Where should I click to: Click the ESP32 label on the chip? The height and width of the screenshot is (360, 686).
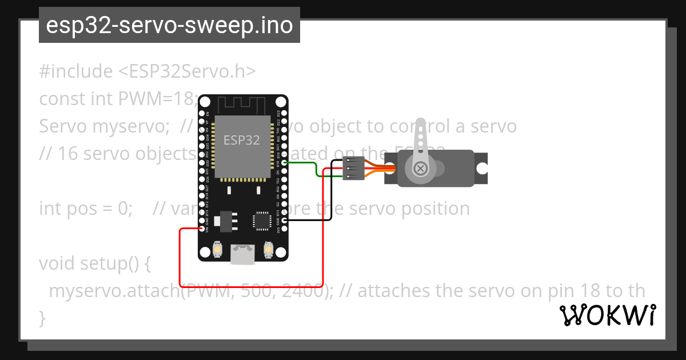[x=242, y=140]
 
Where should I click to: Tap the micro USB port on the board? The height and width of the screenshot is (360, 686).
[x=242, y=254]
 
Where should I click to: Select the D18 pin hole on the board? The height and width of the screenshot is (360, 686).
[x=284, y=162]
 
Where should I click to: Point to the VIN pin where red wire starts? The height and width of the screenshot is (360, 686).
[x=201, y=229]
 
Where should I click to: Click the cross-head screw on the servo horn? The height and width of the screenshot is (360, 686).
[x=421, y=168]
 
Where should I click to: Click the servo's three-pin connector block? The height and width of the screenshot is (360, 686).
[x=353, y=168]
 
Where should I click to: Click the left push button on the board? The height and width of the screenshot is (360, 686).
[x=217, y=250]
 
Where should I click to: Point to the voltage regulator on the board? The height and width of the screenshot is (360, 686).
[x=224, y=220]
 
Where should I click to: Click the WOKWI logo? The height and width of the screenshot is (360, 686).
[x=608, y=315]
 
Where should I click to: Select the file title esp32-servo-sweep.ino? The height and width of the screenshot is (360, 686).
[x=169, y=26]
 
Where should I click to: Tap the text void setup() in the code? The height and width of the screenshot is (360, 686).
[x=94, y=263]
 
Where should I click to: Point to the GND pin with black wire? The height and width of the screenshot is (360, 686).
[x=284, y=220]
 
